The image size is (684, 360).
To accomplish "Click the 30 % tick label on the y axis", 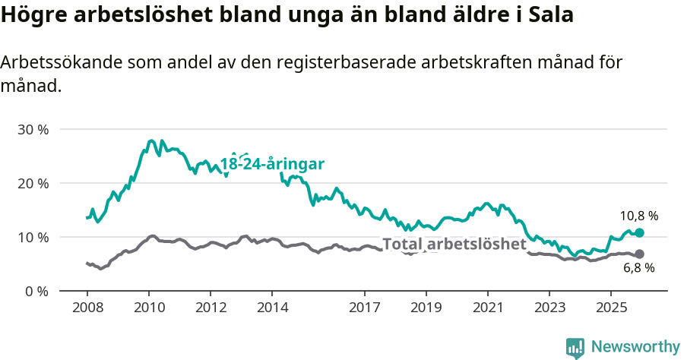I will [33, 129].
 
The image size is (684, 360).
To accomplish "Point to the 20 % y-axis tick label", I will [33, 183].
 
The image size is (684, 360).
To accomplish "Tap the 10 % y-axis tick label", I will [33, 237].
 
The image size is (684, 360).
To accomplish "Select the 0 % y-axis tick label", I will [36, 291].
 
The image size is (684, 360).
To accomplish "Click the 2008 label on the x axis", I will [87, 308].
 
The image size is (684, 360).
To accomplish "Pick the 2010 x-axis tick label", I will [149, 308].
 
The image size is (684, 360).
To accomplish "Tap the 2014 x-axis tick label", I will [272, 308].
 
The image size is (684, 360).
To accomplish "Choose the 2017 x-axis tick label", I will [364, 308].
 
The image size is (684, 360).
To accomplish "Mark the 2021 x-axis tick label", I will [487, 308].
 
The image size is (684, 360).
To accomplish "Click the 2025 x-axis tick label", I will [610, 308].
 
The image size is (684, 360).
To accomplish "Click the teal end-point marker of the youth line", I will [639, 232].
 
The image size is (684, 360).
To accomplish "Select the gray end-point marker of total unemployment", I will [639, 254].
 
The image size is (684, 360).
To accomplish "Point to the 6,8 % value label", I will [638, 268].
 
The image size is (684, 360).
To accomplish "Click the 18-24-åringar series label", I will [272, 164].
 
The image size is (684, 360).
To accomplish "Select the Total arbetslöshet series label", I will [454, 244].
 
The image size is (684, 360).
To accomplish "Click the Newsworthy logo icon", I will [575, 347].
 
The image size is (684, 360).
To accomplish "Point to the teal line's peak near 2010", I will [151, 141].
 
